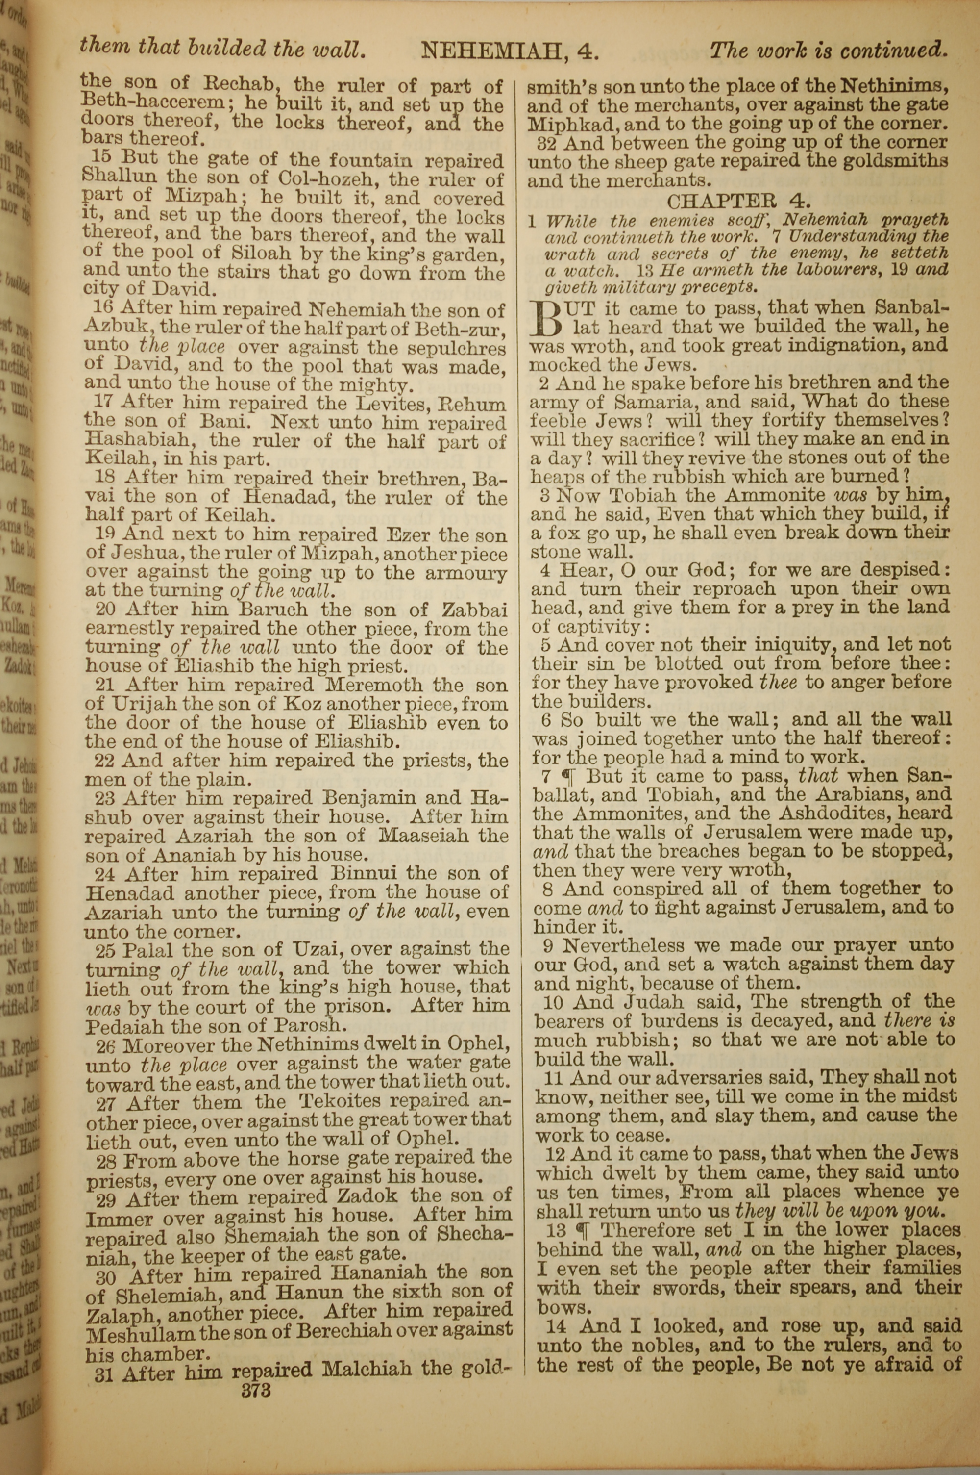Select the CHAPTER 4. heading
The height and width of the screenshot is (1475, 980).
click(739, 201)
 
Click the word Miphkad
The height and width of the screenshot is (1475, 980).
click(572, 124)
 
